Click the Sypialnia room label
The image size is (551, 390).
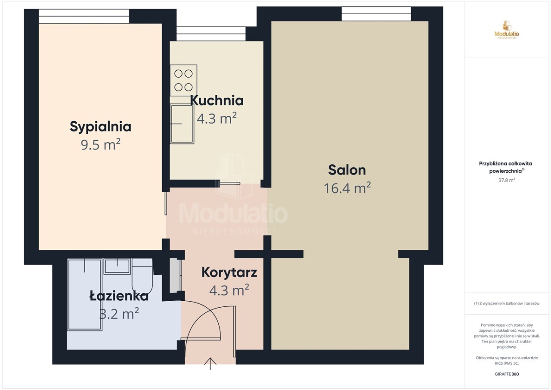(x=100, y=127)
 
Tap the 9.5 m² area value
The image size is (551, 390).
(x=100, y=144)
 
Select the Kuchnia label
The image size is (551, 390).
(x=217, y=100)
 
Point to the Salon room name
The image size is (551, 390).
(x=347, y=170)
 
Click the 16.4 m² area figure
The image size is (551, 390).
(x=347, y=188)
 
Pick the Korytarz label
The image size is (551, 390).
(x=229, y=273)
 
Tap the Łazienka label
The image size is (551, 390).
(x=119, y=296)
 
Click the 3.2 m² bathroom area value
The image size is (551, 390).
(x=119, y=313)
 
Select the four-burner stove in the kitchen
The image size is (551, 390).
(x=183, y=80)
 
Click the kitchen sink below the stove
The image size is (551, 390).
(x=182, y=124)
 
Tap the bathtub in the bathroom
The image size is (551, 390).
(x=85, y=294)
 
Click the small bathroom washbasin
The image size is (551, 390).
(x=117, y=266)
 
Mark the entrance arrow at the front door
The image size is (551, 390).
(x=210, y=364)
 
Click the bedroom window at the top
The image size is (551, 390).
(x=84, y=16)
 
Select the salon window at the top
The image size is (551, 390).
(x=376, y=14)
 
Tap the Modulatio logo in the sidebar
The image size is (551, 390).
(x=507, y=30)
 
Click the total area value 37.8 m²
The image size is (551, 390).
(x=507, y=180)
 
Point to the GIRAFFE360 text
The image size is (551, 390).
(x=507, y=374)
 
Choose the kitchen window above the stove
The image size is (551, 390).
(x=211, y=34)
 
